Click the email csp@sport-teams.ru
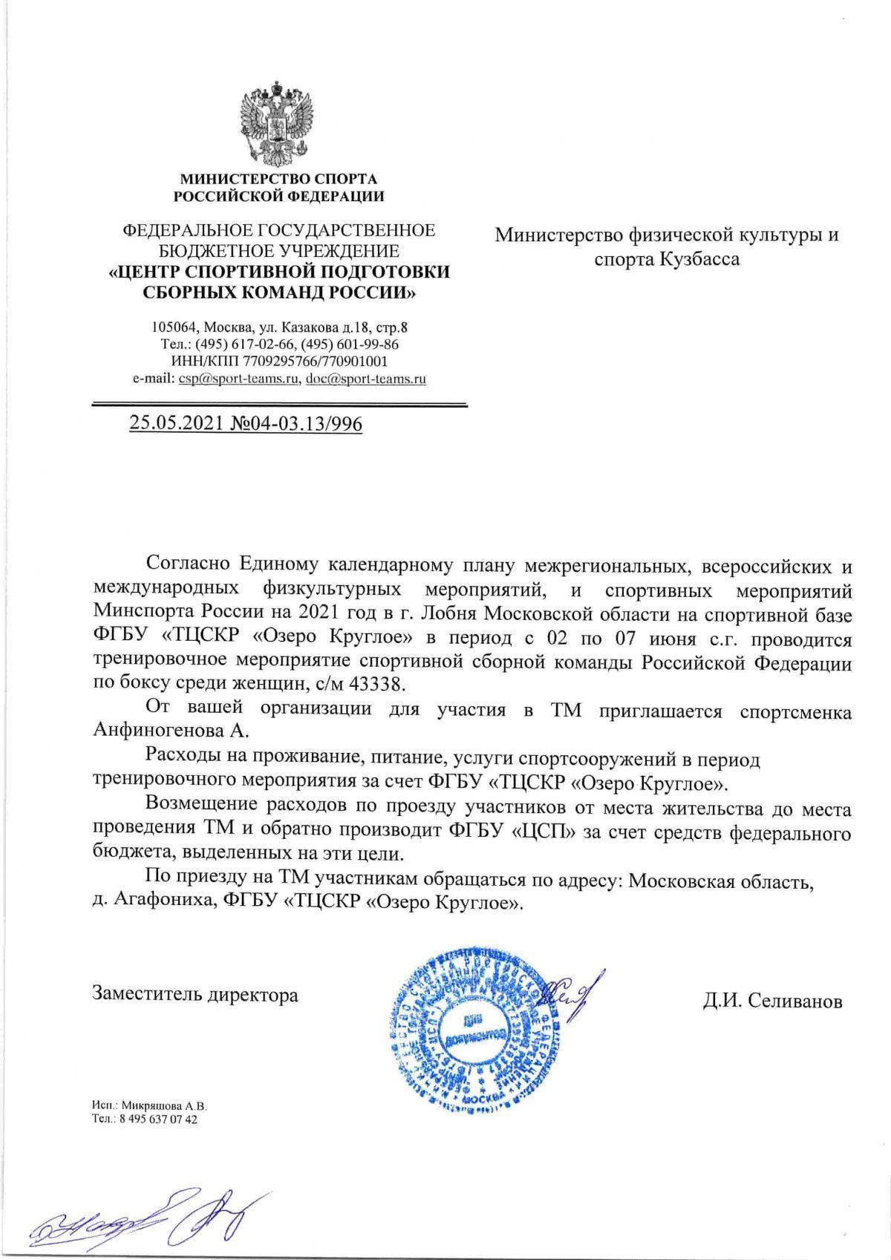coord(238,379)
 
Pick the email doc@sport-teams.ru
coord(365,379)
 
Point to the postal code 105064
coord(173,327)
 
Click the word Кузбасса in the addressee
coord(698,259)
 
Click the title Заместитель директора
coord(195,994)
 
